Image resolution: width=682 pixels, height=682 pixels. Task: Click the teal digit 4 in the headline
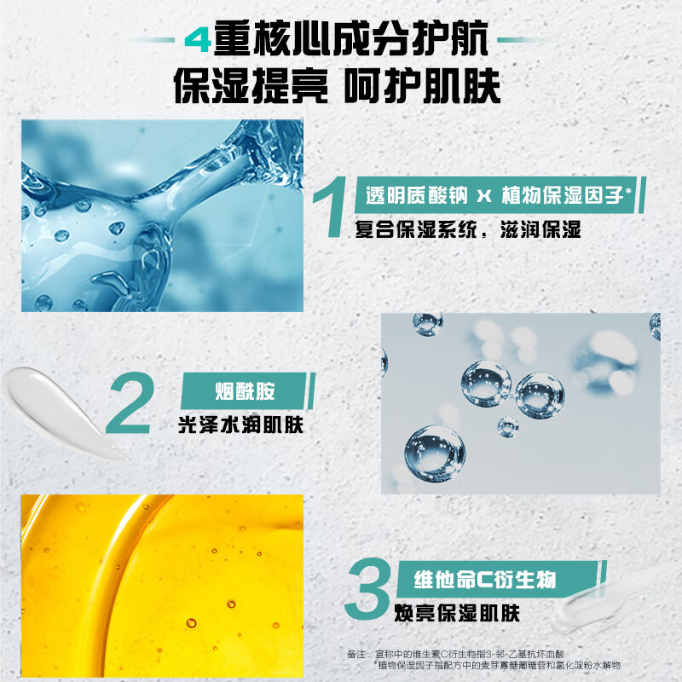tap(198, 40)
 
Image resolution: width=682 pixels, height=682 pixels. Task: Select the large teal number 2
tap(130, 402)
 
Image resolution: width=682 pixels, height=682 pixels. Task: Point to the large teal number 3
tap(367, 588)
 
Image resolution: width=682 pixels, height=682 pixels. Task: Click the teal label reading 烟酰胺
tap(246, 390)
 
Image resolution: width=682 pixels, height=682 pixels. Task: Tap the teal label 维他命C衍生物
tap(485, 580)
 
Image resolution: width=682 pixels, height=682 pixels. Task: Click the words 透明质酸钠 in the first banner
tap(417, 195)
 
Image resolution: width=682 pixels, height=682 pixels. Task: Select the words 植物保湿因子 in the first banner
tap(563, 195)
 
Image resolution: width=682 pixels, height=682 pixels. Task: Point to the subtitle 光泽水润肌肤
tap(240, 425)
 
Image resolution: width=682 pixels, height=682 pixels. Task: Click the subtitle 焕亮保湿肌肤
tap(457, 613)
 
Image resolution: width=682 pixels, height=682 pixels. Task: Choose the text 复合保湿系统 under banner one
tap(416, 229)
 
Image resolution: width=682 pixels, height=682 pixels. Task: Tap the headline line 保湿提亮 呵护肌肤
tap(337, 86)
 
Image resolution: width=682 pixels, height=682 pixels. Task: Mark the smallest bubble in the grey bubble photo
tap(508, 427)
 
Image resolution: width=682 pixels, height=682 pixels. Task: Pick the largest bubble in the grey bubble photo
tap(435, 454)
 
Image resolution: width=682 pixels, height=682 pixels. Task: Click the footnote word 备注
tap(356, 654)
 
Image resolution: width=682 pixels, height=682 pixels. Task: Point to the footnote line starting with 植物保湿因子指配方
tap(499, 665)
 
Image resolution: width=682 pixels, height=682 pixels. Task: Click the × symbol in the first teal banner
tap(484, 196)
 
